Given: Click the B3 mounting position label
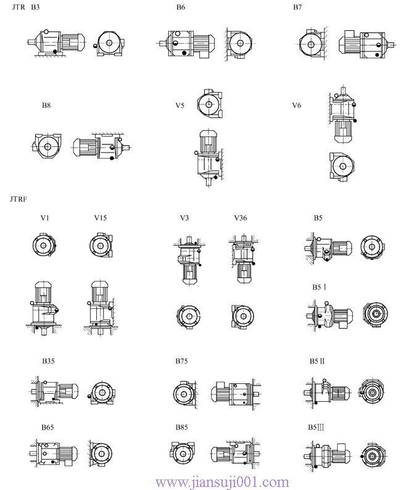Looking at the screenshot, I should [35, 7].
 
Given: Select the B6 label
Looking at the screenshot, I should [180, 7].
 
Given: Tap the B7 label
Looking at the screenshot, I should [297, 7].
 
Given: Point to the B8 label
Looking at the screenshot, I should [46, 106].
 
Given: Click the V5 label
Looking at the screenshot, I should [180, 106].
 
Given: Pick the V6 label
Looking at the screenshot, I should [297, 106].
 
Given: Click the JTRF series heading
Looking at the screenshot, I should [19, 199].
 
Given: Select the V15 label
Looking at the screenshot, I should [101, 218].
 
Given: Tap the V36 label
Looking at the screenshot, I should [241, 218].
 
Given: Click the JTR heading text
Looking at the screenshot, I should [19, 7].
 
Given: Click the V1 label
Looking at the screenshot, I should [45, 218].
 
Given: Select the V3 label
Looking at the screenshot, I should [184, 218].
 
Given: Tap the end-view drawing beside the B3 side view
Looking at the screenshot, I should [111, 44].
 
